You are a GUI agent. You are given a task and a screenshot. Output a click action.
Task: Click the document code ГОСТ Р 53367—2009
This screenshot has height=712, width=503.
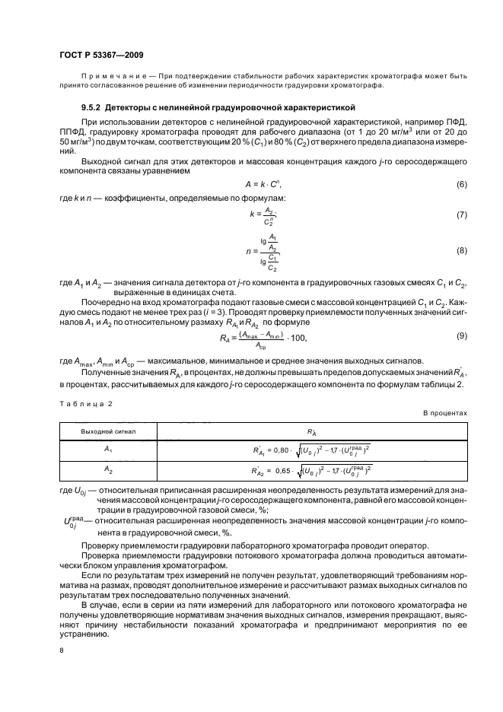pos(100,56)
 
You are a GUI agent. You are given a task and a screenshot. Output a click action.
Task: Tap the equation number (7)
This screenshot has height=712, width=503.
pos(461,215)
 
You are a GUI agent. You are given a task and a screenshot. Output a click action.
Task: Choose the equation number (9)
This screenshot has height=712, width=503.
pos(461,335)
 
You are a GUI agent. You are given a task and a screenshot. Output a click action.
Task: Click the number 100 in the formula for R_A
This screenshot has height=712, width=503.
pos(298,337)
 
